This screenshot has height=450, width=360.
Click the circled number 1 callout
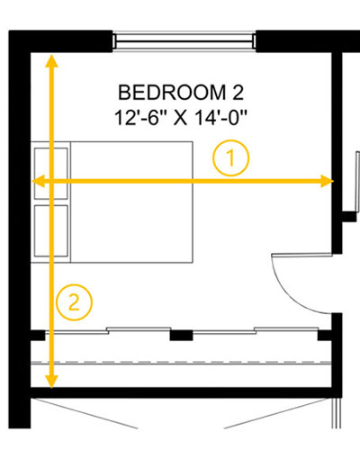click(x=230, y=157)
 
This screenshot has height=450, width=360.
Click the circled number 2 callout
click(x=74, y=302)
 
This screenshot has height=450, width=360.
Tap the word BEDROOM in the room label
click(x=172, y=93)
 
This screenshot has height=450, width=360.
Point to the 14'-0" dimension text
click(x=220, y=117)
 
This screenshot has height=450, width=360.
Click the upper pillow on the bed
click(x=51, y=174)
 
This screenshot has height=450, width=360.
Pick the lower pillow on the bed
click(x=51, y=231)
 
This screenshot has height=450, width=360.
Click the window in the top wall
click(x=184, y=41)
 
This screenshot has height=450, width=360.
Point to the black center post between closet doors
click(x=181, y=335)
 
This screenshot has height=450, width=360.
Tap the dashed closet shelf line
click(x=181, y=362)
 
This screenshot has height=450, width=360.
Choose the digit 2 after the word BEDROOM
click(x=238, y=93)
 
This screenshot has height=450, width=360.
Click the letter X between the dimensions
click(x=180, y=118)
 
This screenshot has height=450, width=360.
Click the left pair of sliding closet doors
click(x=108, y=330)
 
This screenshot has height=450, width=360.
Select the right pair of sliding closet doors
click(x=256, y=330)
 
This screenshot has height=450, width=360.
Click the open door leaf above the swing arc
click(x=301, y=255)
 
